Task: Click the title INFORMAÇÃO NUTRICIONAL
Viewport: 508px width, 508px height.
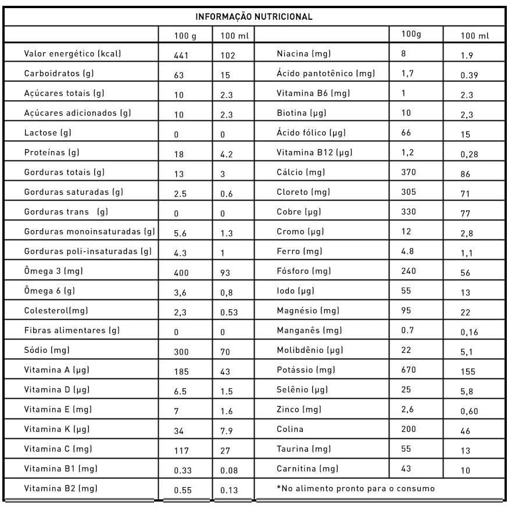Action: [253, 16]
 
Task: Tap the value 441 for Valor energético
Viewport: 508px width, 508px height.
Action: [181, 56]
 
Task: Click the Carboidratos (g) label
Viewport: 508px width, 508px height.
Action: [59, 73]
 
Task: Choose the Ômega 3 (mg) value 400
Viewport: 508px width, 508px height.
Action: [181, 273]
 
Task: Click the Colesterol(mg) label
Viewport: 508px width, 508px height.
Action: [56, 310]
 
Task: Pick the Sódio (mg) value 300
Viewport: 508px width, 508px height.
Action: [181, 352]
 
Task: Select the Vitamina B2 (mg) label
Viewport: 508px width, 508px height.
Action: [60, 488]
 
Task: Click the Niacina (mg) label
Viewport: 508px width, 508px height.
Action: [303, 53]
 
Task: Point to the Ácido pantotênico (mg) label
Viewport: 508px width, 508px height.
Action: [325, 73]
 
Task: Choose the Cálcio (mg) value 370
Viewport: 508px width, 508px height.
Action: [409, 172]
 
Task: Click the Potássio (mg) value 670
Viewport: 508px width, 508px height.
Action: [409, 370]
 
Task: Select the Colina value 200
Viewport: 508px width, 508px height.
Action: [409, 429]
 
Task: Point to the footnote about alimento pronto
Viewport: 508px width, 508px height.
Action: [356, 488]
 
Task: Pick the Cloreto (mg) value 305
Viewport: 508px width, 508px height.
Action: [409, 192]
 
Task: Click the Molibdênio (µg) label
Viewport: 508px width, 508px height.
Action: [310, 350]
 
